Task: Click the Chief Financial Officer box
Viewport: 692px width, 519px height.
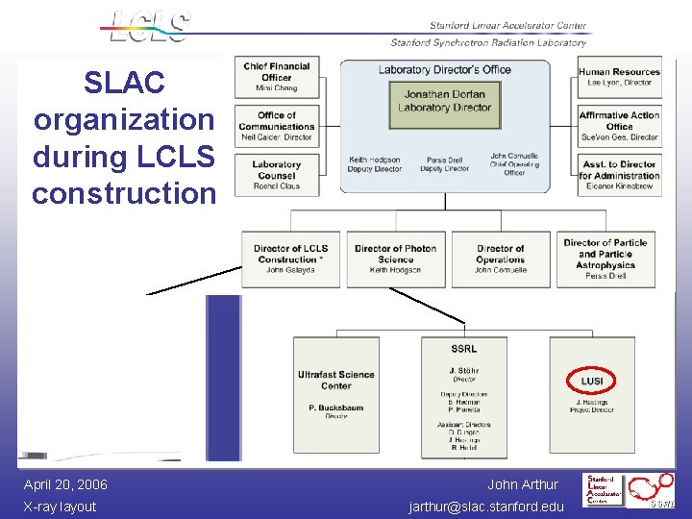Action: (276, 77)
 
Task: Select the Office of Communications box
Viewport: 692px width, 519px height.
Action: (276, 125)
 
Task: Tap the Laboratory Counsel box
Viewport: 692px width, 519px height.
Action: (276, 174)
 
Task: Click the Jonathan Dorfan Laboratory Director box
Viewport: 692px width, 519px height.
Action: (444, 101)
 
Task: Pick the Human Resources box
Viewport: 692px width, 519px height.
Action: (619, 77)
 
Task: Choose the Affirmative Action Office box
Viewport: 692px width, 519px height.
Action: (619, 125)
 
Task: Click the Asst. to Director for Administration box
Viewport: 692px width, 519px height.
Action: (619, 174)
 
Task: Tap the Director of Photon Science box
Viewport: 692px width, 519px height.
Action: (395, 259)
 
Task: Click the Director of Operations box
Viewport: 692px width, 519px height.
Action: (501, 259)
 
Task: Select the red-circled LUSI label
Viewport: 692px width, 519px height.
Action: (592, 381)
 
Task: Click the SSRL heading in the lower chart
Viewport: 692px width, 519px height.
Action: (463, 349)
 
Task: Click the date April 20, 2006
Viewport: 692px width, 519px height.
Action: (65, 484)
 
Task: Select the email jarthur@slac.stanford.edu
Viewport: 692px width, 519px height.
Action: (486, 507)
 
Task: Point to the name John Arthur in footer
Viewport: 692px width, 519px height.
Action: (522, 484)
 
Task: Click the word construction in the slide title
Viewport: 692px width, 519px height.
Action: (124, 192)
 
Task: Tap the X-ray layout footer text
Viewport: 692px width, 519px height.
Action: (60, 507)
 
